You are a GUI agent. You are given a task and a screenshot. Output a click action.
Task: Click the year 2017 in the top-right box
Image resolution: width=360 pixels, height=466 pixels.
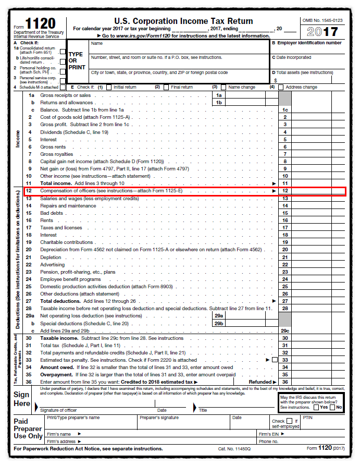pos(322,31)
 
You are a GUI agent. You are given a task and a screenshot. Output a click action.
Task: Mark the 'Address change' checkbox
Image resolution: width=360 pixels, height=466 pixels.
pos(281,87)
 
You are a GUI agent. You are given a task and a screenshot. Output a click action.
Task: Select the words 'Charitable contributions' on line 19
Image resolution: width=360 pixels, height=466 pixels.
pos(67,242)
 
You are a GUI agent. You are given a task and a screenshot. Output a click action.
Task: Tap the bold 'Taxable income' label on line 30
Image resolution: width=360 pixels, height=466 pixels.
pos(59,338)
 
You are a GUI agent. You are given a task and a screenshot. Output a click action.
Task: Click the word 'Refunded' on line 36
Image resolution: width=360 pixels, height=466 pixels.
pos(260,382)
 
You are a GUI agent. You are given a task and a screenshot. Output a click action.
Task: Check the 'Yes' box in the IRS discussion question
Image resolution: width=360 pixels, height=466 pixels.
pos(317,407)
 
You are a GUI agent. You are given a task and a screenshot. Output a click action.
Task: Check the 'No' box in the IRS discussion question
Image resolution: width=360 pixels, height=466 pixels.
pos(332,407)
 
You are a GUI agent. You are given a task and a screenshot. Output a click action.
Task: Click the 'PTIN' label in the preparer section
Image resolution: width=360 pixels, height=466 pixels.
pos(307,418)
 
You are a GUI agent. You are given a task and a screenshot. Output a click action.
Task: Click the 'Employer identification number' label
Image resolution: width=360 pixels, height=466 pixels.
pos(309,43)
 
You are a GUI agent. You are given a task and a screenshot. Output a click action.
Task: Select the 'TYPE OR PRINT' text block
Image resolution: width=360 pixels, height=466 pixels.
pos(76,60)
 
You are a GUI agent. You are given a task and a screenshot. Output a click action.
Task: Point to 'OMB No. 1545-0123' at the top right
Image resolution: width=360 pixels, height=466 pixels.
pos(322,20)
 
